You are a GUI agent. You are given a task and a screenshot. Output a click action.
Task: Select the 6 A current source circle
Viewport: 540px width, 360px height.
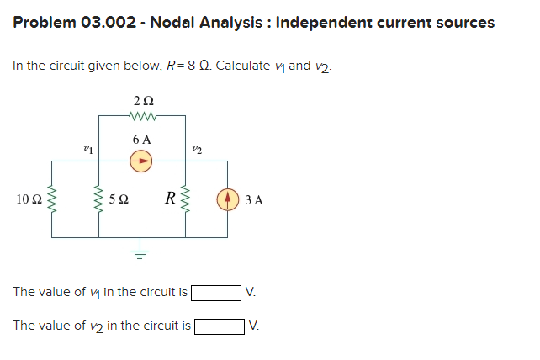[x=142, y=158]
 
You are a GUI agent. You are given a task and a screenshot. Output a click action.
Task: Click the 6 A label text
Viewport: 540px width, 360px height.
[x=142, y=138]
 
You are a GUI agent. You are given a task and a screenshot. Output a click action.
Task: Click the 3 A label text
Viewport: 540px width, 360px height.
[x=254, y=200]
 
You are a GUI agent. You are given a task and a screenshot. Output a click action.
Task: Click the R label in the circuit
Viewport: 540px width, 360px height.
[x=170, y=199]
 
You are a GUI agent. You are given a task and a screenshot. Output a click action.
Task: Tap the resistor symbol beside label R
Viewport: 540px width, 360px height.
[x=186, y=199]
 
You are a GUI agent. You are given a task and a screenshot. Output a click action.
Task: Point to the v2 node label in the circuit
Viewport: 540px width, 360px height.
[x=198, y=148]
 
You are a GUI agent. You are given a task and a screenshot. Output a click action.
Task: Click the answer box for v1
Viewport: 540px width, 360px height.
[x=216, y=293]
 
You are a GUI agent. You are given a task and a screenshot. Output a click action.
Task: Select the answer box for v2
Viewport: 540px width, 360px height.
[x=220, y=326]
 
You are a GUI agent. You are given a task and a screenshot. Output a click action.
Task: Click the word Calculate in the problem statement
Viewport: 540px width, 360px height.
[x=243, y=66]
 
